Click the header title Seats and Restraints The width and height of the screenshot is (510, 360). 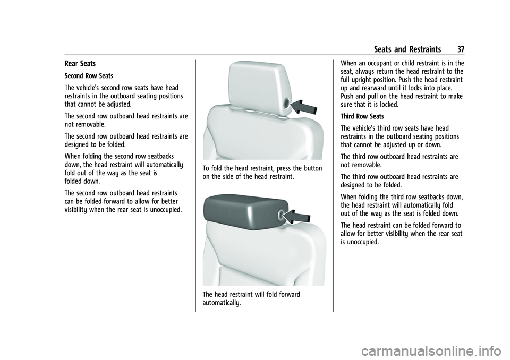pos(407,49)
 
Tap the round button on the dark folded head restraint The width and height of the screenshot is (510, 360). pos(277,216)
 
